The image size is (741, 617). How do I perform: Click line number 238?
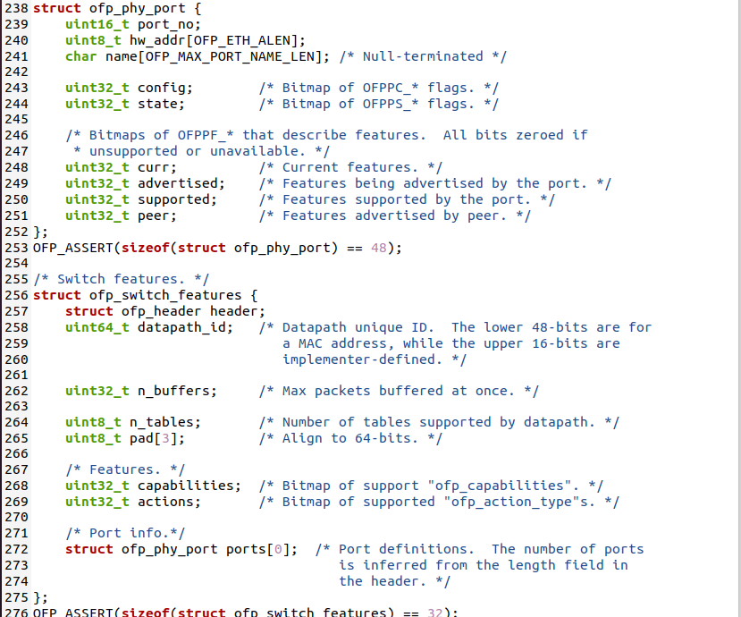[x=16, y=8]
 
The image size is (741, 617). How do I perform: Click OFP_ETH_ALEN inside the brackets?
[x=246, y=40]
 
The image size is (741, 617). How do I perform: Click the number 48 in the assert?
[x=378, y=248]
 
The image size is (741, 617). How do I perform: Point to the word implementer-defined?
[x=358, y=359]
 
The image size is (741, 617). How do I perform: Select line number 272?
[x=16, y=549]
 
